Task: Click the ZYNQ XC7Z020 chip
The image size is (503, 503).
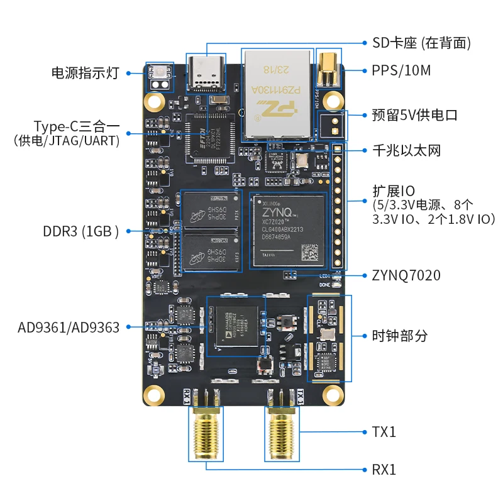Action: tap(289, 230)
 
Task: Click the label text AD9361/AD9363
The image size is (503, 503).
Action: tap(69, 327)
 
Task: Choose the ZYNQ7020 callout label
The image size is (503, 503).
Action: tap(405, 275)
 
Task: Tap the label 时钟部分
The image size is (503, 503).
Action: tap(400, 336)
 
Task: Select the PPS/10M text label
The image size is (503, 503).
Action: tap(401, 70)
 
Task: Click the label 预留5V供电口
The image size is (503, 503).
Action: tap(415, 115)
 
